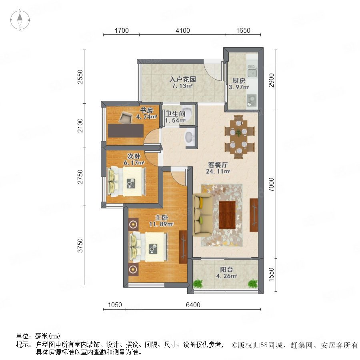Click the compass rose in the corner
(x=20, y=20)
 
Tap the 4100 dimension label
(x=183, y=30)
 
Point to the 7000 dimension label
(x=271, y=184)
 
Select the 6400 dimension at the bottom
(x=193, y=305)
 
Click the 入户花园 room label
(x=183, y=80)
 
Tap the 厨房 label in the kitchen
(x=239, y=81)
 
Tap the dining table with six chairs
(x=239, y=137)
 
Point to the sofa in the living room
(x=202, y=215)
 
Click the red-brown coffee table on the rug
(x=227, y=215)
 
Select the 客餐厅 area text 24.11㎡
(x=218, y=171)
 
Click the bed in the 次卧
(x=126, y=182)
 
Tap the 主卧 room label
(x=162, y=218)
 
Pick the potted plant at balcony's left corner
(x=198, y=284)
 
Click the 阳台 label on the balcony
(x=226, y=270)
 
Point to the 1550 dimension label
(x=271, y=274)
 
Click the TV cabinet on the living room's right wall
(x=254, y=215)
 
